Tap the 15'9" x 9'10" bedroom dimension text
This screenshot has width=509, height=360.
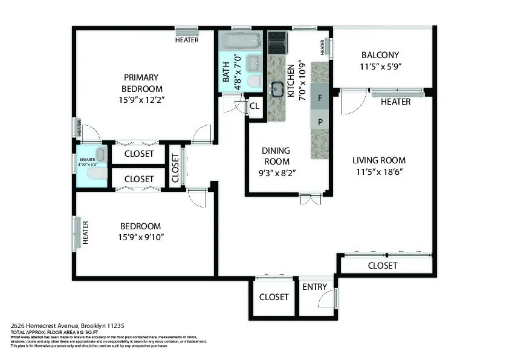click(141, 237)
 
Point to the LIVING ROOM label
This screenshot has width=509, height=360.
click(379, 160)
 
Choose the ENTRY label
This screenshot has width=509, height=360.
click(314, 287)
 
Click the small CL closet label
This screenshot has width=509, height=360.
click(254, 106)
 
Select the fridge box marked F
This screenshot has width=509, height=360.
click(320, 97)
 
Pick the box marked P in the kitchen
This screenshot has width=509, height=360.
click(320, 122)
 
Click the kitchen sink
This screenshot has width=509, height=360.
click(278, 89)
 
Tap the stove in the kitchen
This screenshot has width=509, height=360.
click(277, 42)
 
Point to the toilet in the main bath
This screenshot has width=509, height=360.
click(254, 80)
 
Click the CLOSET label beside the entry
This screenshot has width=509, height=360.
click(274, 297)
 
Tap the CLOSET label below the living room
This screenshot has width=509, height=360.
click(383, 266)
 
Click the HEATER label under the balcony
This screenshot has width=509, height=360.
click(395, 102)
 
